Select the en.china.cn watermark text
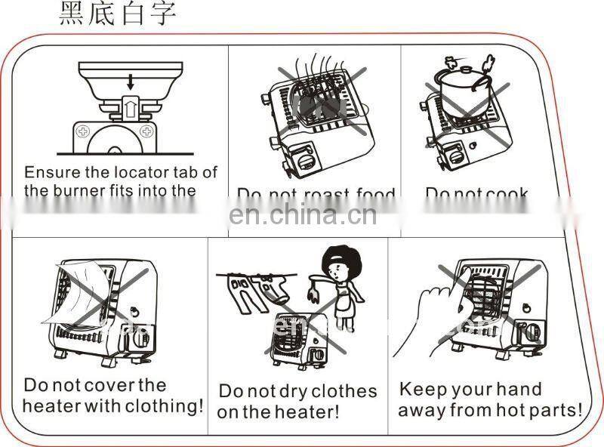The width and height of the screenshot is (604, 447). click(302, 215)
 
